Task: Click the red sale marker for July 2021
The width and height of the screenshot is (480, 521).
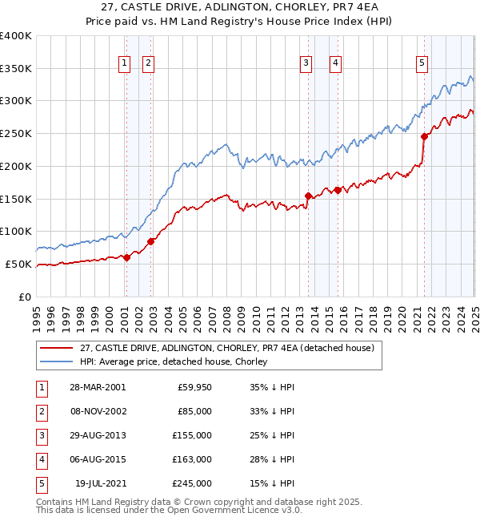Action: pyautogui.click(x=424, y=136)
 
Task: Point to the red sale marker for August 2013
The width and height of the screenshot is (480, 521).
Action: pyautogui.click(x=308, y=196)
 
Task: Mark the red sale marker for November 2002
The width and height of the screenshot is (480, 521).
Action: pyautogui.click(x=151, y=240)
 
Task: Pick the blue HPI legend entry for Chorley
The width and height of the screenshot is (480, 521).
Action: pyautogui.click(x=173, y=361)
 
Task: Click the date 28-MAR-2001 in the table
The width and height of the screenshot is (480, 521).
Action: pyautogui.click(x=98, y=387)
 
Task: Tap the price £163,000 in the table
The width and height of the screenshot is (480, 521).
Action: pyautogui.click(x=193, y=459)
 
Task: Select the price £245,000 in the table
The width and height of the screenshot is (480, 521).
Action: pyautogui.click(x=193, y=483)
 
